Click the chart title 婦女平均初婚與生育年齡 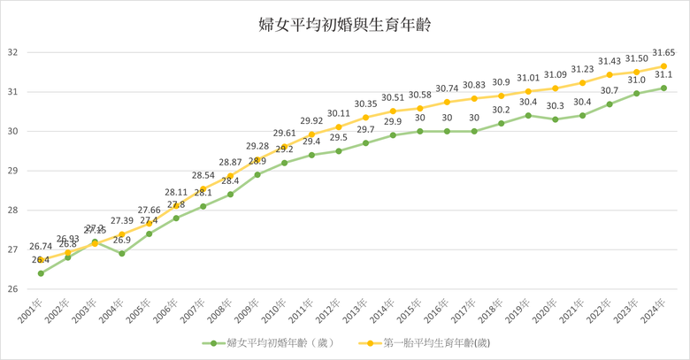click(x=345, y=25)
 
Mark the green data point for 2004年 click(x=122, y=253)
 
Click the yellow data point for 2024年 click(x=663, y=66)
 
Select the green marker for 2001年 click(x=41, y=272)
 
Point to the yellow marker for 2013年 click(x=365, y=117)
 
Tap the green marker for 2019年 click(x=528, y=115)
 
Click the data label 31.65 click(x=663, y=53)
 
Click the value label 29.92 click(x=311, y=121)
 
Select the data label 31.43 click(x=609, y=61)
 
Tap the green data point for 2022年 click(x=609, y=103)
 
